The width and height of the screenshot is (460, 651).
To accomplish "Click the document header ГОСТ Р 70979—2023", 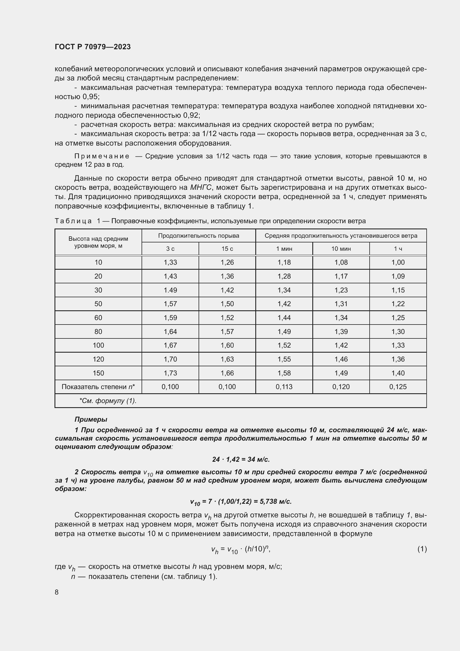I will coord(93,47).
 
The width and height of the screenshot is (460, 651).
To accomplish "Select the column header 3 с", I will coord(170,249).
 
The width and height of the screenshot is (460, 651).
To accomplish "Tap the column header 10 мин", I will coord(341,249).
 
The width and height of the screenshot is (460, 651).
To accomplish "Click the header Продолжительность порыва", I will coord(199,236).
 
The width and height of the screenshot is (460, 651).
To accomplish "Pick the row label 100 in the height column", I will coord(98,345).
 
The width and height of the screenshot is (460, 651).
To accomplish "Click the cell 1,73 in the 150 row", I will coord(170,373).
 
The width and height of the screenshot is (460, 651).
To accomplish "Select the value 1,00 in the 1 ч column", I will coord(398,262).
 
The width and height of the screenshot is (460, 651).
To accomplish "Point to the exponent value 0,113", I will coord(284,387).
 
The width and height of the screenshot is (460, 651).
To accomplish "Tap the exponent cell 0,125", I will coord(398,387).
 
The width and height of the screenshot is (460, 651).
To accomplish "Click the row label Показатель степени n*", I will coord(98,387).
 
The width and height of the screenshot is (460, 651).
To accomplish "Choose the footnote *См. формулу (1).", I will coord(108,401).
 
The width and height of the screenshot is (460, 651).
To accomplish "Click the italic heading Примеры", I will coord(91,419).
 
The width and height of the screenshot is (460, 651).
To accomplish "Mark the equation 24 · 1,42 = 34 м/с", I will coord(241,459).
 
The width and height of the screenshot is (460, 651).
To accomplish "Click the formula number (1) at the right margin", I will coord(422,549).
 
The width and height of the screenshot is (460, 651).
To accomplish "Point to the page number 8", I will coord(57,592).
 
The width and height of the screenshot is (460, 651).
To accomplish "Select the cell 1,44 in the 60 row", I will coord(284,318).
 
